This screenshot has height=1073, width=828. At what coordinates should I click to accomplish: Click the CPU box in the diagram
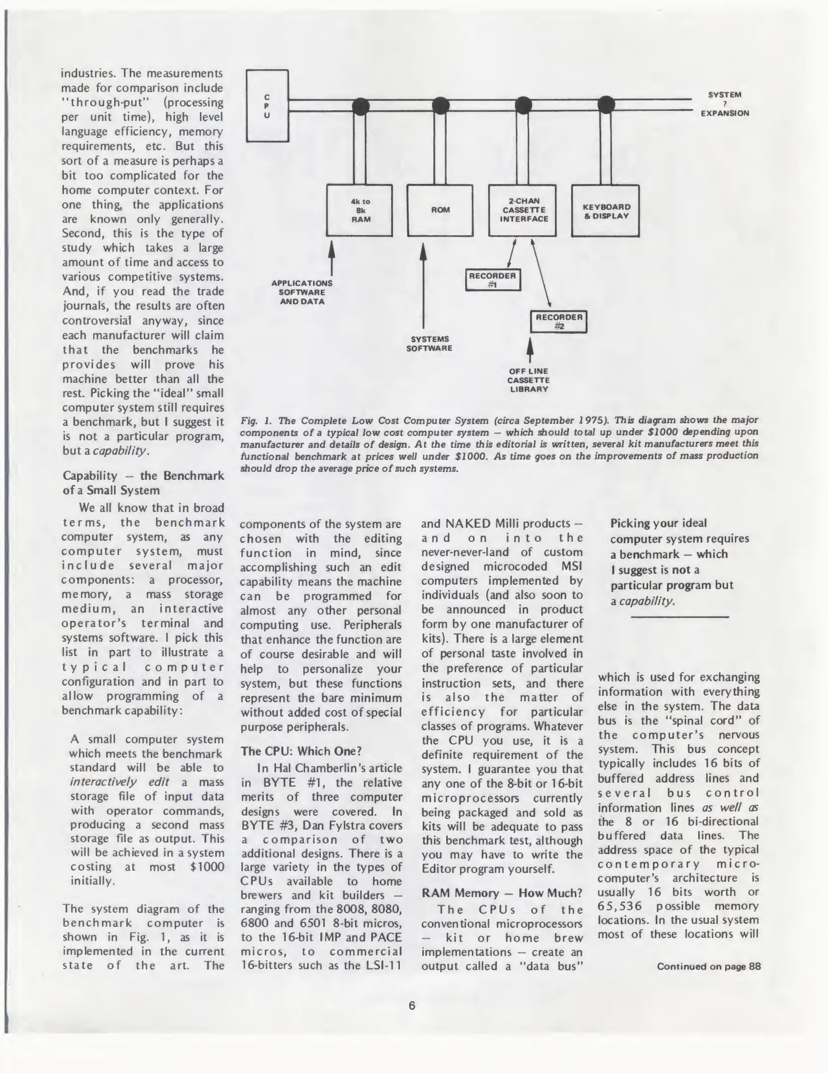click(x=267, y=106)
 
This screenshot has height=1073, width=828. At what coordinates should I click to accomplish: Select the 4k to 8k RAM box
click(x=360, y=211)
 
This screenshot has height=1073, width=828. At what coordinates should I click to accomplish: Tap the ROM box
click(x=440, y=211)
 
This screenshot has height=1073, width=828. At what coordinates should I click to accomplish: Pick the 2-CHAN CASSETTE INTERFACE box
click(x=523, y=211)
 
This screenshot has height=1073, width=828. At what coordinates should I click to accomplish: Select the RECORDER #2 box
click(x=559, y=321)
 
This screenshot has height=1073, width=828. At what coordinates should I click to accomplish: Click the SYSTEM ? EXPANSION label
click(x=724, y=104)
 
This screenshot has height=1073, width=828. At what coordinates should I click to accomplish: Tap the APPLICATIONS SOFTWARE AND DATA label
click(x=302, y=292)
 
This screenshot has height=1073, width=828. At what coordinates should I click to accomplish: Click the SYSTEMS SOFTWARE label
click(x=430, y=344)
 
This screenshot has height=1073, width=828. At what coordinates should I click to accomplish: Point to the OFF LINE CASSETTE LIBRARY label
click(x=528, y=380)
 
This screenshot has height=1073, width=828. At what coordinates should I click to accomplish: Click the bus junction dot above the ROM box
click(x=441, y=105)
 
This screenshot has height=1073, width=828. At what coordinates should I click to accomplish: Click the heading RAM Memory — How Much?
click(x=502, y=893)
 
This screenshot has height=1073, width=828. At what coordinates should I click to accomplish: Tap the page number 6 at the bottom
click(x=412, y=1006)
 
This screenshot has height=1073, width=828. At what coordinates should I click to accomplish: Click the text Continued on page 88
click(x=708, y=966)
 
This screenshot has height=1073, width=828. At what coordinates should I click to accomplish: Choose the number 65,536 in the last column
click(x=620, y=906)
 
